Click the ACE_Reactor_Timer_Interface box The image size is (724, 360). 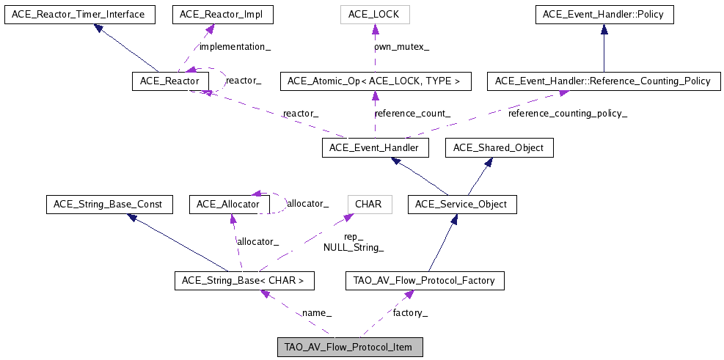pyautogui.click(x=78, y=14)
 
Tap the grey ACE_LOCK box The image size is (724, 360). pyautogui.click(x=373, y=14)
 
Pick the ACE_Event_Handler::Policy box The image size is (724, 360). pyautogui.click(x=603, y=14)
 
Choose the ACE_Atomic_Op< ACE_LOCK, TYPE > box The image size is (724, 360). pyautogui.click(x=374, y=81)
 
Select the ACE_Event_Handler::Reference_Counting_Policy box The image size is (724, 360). pyautogui.click(x=604, y=81)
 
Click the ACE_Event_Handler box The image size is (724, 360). pyautogui.click(x=374, y=148)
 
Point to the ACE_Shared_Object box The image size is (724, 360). pyautogui.click(x=499, y=148)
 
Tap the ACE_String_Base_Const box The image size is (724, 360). pyautogui.click(x=109, y=204)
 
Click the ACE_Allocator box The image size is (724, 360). pyautogui.click(x=229, y=204)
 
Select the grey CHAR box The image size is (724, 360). pyautogui.click(x=368, y=204)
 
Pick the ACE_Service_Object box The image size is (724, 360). pyautogui.click(x=462, y=204)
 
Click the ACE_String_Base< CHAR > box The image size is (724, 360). pyautogui.click(x=245, y=280)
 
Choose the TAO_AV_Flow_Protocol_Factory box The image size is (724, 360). pyautogui.click(x=425, y=280)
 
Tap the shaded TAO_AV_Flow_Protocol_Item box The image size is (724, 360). pyautogui.click(x=349, y=347)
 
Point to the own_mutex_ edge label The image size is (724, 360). pyautogui.click(x=402, y=47)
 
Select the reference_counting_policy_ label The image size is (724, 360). pyautogui.click(x=568, y=114)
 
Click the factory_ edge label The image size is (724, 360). pyautogui.click(x=411, y=313)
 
